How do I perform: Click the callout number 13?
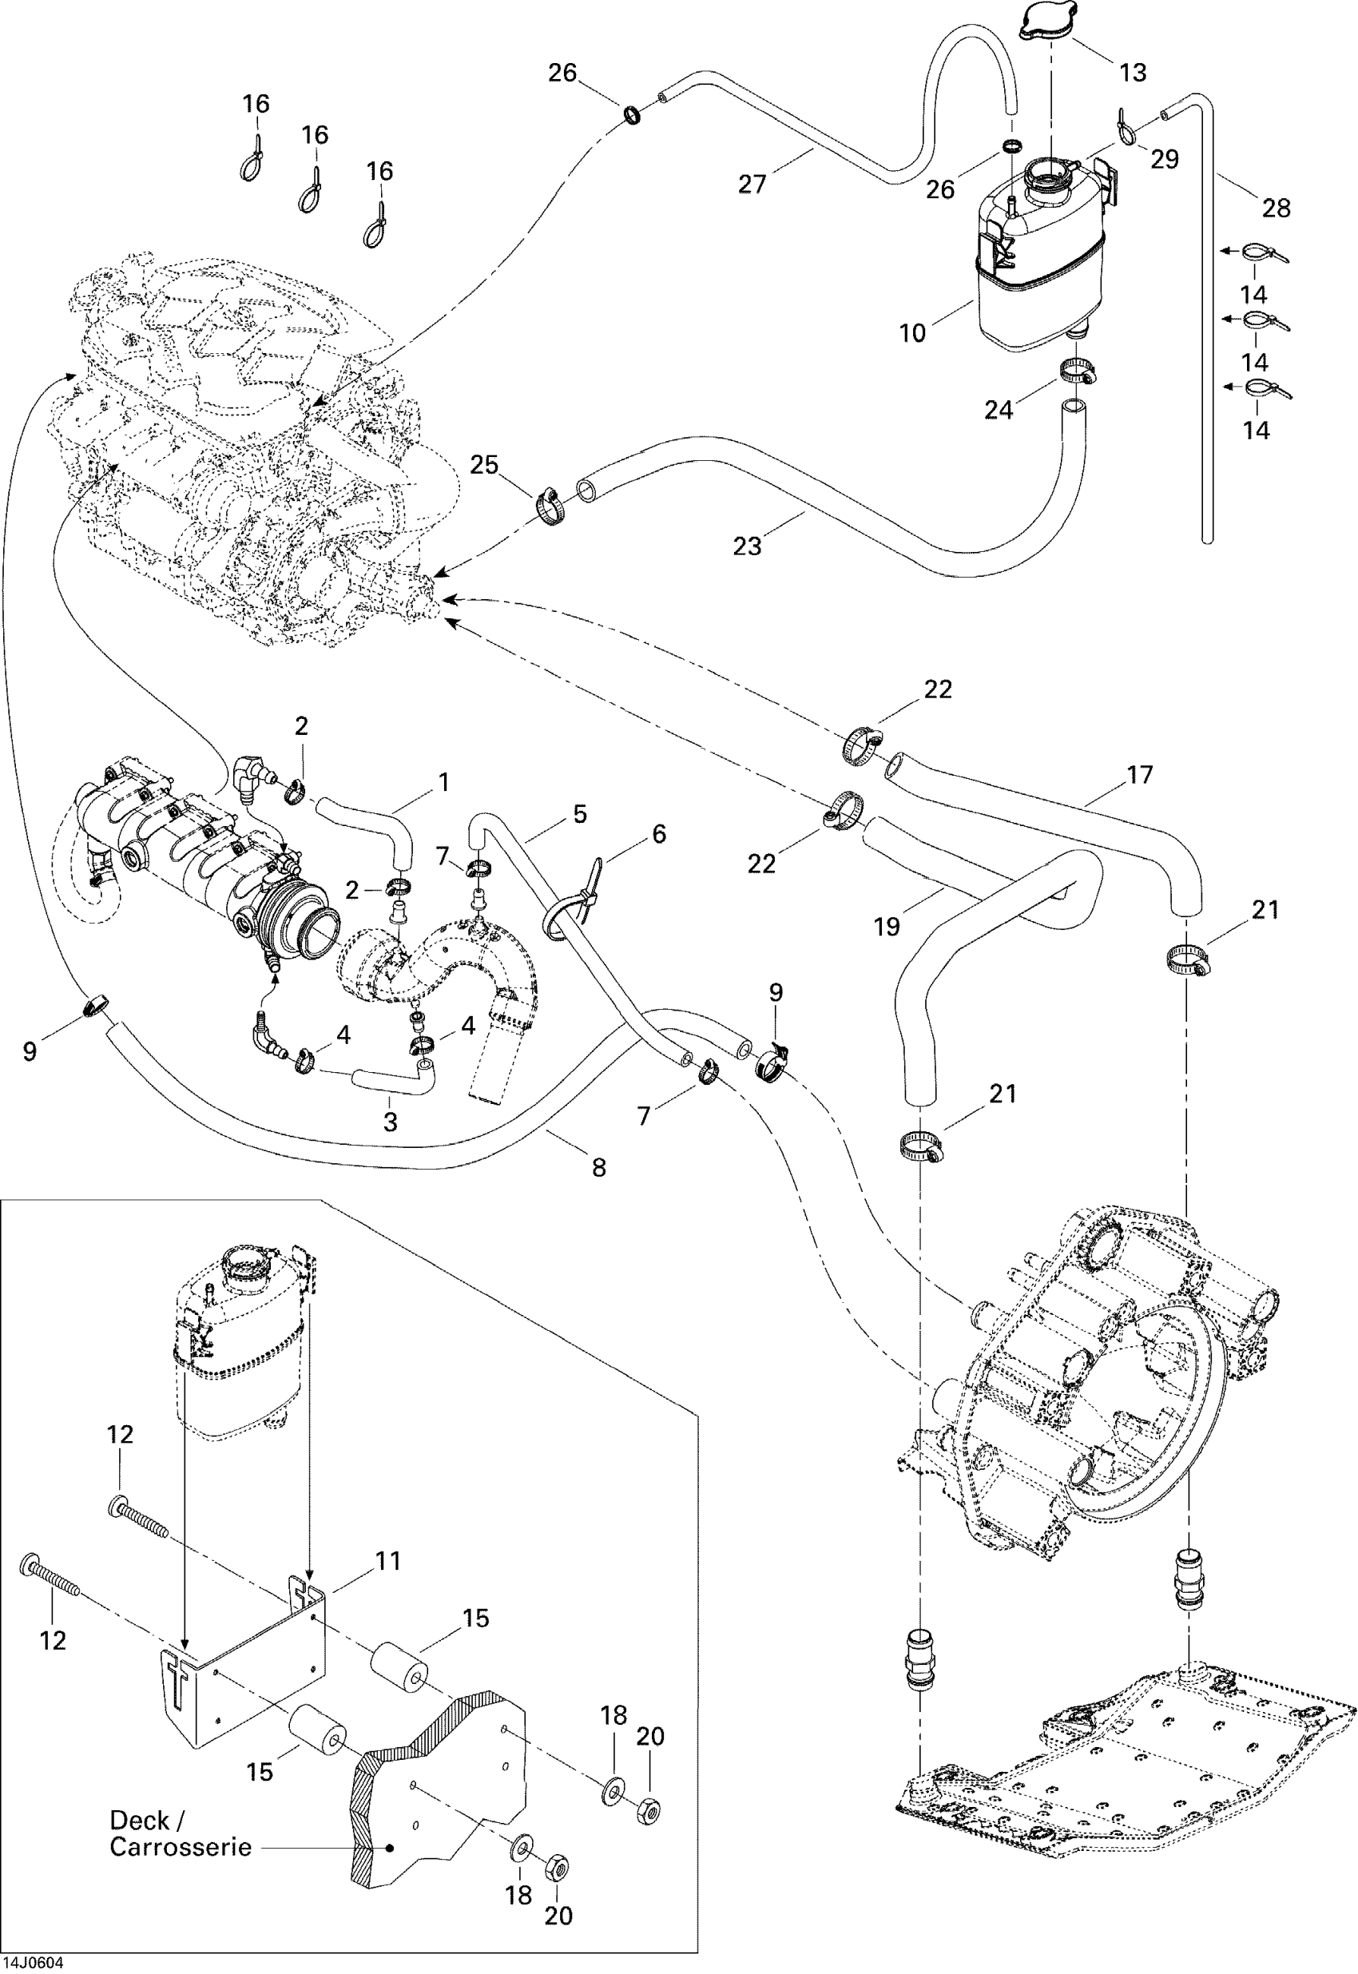(1133, 73)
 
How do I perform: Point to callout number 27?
(752, 184)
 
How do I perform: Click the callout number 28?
(1277, 208)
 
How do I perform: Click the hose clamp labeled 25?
(551, 509)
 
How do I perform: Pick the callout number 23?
(747, 546)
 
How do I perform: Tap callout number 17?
(1139, 775)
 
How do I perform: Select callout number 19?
(887, 927)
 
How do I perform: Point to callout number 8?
(599, 1168)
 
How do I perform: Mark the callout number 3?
(391, 1122)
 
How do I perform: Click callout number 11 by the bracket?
(387, 1561)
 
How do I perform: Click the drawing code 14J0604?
(32, 1964)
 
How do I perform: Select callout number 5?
(579, 814)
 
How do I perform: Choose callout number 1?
(443, 782)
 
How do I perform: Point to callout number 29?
(1164, 159)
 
